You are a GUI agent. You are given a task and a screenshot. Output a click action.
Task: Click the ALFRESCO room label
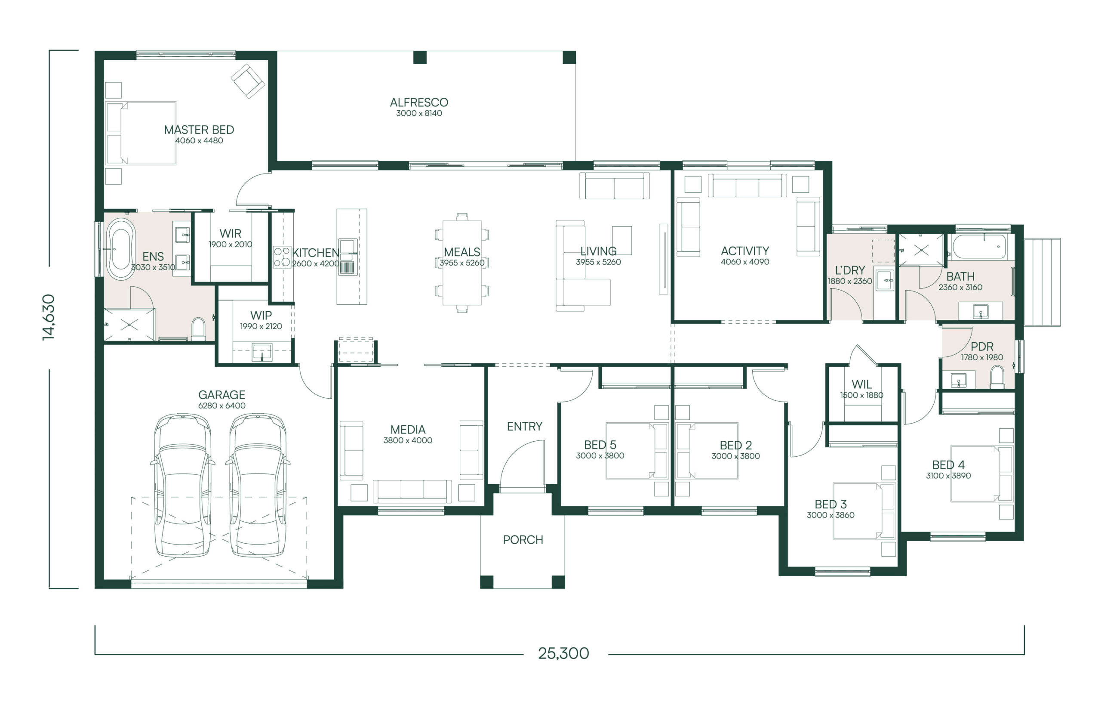418,102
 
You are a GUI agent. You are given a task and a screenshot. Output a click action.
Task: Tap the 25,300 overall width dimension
563,653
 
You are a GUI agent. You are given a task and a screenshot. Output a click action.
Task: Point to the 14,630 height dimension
49,317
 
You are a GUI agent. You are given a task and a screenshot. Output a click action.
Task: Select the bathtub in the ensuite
121,250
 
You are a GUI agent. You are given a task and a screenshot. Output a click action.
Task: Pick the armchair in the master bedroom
248,81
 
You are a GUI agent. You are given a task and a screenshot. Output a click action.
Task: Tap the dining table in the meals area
462,263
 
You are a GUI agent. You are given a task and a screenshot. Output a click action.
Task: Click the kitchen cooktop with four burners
282,257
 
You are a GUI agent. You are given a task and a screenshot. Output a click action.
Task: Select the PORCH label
523,539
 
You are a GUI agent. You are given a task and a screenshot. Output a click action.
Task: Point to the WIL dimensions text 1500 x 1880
861,395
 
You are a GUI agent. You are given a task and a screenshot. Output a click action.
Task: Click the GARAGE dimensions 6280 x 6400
221,406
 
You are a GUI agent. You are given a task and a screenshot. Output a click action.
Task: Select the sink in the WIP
262,351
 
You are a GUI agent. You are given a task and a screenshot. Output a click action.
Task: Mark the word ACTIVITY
745,251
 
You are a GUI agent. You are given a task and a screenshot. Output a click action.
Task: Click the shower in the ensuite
129,325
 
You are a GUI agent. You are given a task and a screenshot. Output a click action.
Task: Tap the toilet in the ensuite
199,328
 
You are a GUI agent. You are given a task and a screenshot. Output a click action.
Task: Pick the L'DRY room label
850,270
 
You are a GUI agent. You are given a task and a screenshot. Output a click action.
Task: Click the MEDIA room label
408,430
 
